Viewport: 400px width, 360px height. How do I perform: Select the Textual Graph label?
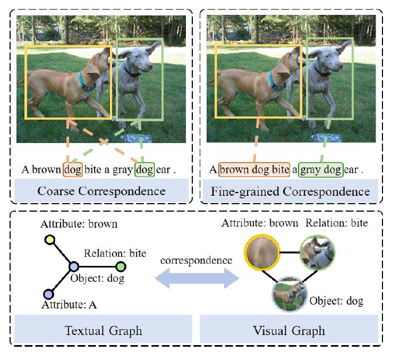pos(103,331)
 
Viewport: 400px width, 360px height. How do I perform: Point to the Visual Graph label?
pos(290,331)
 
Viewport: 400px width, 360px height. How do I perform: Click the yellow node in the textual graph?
pos(50,240)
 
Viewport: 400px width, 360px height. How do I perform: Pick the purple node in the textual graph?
pos(48,294)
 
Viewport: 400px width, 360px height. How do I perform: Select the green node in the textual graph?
pos(121,266)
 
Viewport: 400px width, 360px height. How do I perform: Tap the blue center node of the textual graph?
pos(73,266)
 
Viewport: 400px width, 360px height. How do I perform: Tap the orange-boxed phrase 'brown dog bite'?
pos(254,170)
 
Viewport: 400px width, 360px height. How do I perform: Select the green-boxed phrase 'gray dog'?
pos(321,170)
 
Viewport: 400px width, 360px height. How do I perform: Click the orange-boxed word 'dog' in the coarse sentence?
pos(72,170)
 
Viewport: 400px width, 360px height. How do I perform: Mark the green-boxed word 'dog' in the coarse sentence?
pos(144,170)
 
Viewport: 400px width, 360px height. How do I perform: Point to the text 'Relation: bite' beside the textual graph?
pos(115,254)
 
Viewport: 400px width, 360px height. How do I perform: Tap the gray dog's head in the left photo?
pos(139,58)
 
